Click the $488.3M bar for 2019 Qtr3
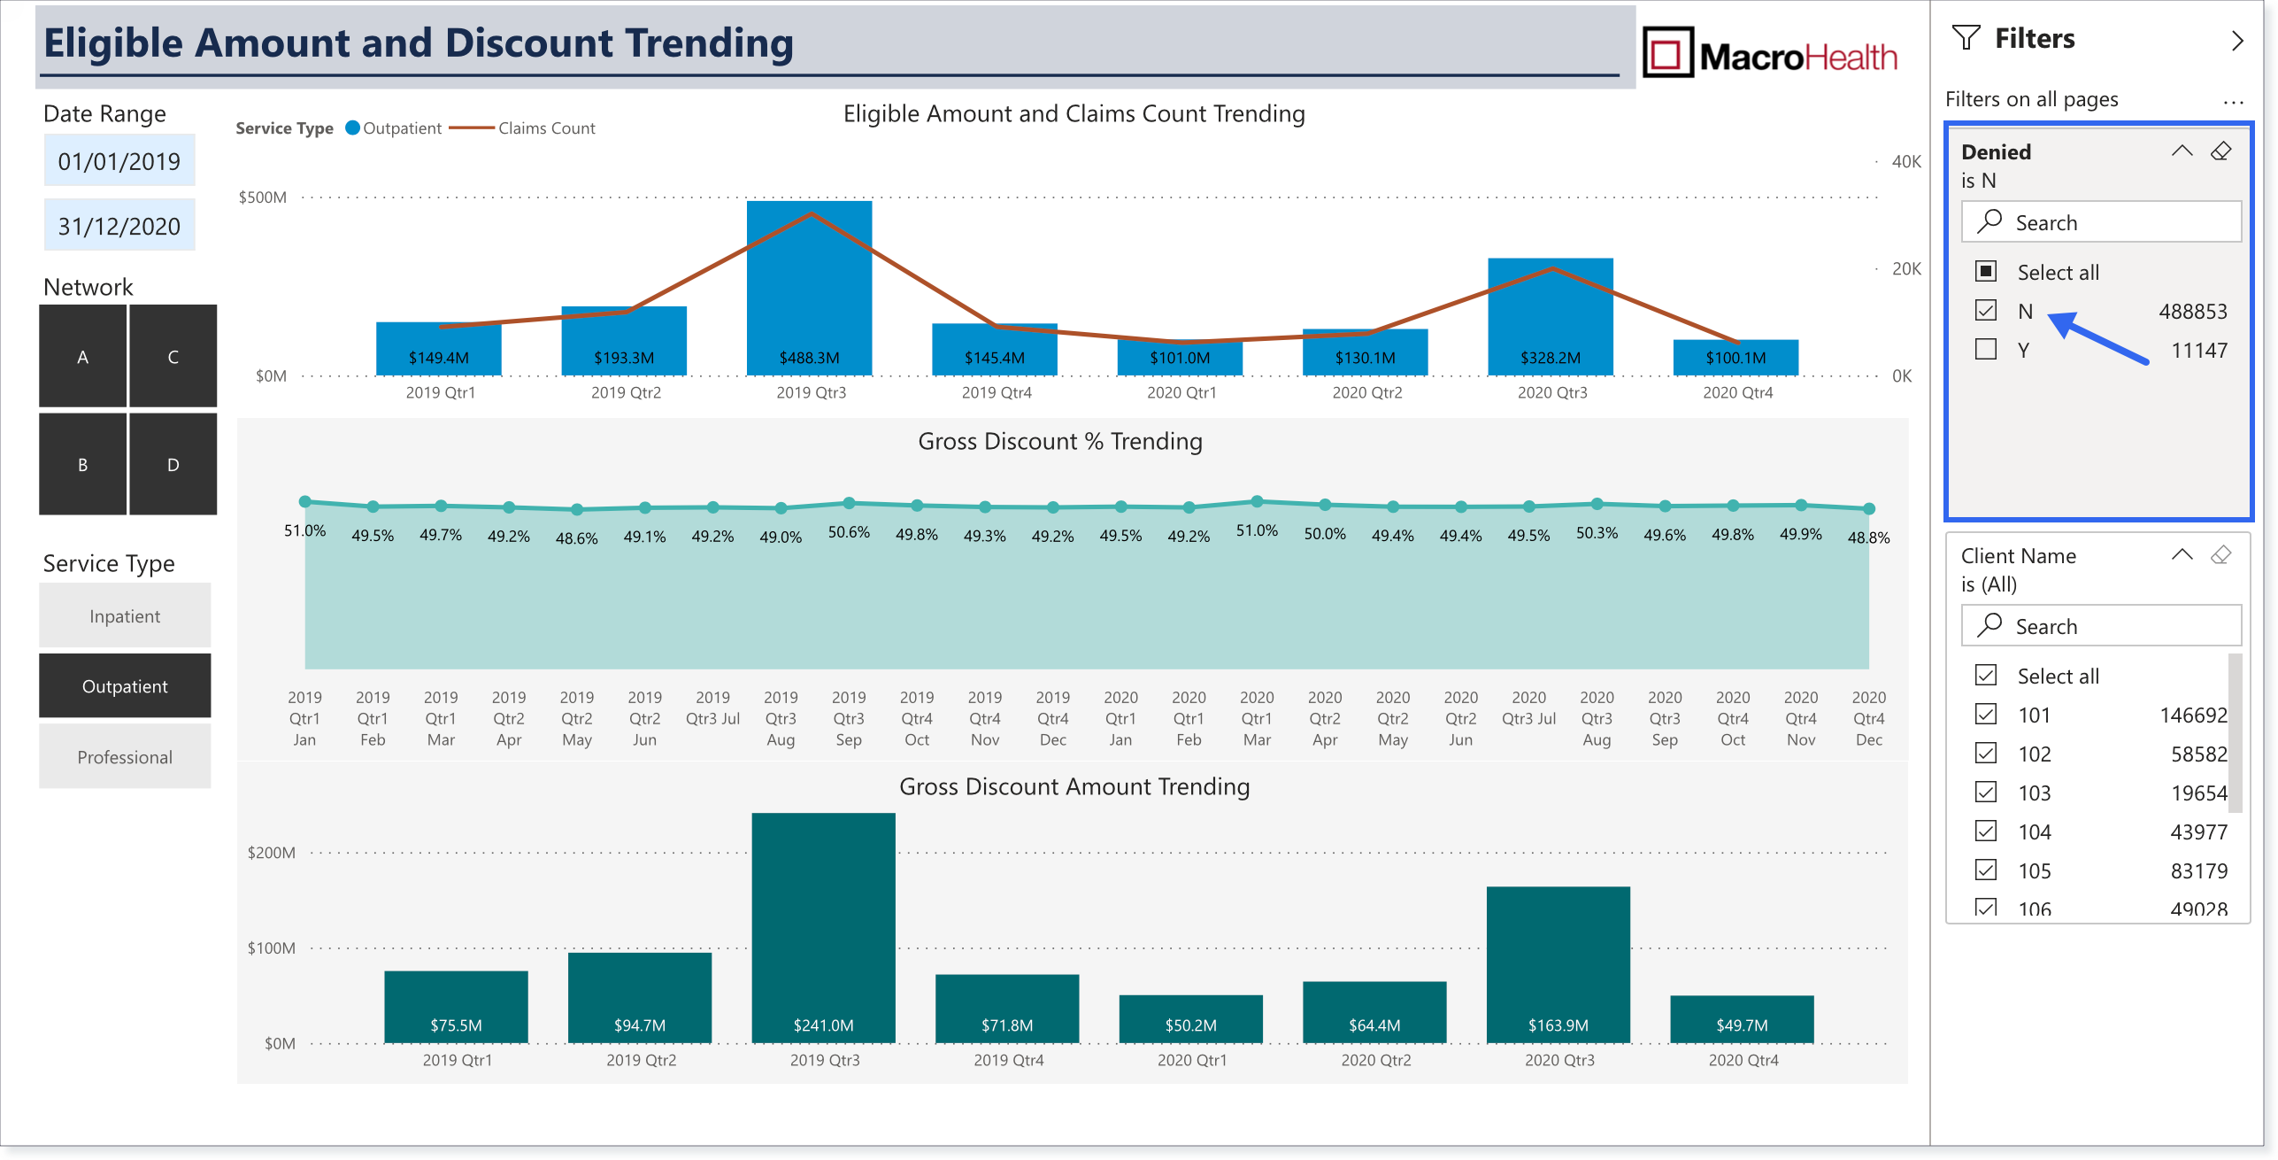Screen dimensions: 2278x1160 click(x=809, y=288)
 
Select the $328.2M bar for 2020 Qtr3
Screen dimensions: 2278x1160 click(x=1550, y=317)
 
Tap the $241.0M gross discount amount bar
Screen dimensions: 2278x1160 click(x=823, y=928)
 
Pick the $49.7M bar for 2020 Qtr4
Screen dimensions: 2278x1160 click(x=1742, y=1019)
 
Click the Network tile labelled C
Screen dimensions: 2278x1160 click(x=173, y=356)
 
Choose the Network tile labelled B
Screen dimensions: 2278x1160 click(x=82, y=464)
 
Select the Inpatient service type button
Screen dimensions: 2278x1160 click(x=125, y=615)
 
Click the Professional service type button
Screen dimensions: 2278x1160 click(x=125, y=756)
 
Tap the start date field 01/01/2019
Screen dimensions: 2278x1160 click(x=119, y=160)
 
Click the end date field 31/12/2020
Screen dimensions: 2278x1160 click(x=119, y=226)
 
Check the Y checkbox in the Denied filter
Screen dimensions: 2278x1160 click(x=1986, y=349)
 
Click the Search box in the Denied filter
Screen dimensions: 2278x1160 click(x=2101, y=221)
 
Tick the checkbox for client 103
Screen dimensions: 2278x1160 click(x=1986, y=792)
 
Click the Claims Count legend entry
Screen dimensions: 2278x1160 click(x=522, y=128)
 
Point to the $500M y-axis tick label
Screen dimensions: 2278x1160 click(x=263, y=197)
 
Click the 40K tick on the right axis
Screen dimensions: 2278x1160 click(x=1906, y=161)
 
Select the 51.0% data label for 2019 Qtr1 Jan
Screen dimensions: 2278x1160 click(x=304, y=530)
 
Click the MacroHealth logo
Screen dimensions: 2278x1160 click(x=1770, y=52)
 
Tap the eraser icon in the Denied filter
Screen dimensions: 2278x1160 click(x=2220, y=151)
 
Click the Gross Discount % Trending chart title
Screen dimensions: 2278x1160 click(x=1060, y=441)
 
